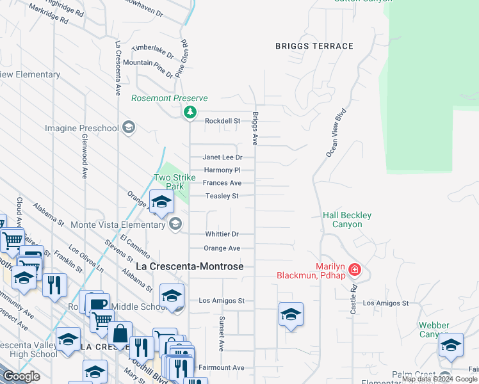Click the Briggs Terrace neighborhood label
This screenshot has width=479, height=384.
314,46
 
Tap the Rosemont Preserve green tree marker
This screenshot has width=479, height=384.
190,113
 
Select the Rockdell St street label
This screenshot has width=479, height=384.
222,120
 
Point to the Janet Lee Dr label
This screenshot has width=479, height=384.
222,157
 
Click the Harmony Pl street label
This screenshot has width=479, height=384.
222,170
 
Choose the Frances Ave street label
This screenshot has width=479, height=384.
222,183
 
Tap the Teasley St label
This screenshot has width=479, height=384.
222,196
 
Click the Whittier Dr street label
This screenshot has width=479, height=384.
222,234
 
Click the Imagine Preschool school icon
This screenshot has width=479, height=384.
129,127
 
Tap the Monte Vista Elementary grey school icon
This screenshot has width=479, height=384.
175,224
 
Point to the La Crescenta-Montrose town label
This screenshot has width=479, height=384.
190,266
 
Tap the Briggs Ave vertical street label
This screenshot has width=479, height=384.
255,127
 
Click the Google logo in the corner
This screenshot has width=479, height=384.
22,376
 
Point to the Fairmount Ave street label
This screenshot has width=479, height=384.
222,367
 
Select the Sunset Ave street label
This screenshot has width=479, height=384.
222,333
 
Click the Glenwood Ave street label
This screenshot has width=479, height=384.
84,156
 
